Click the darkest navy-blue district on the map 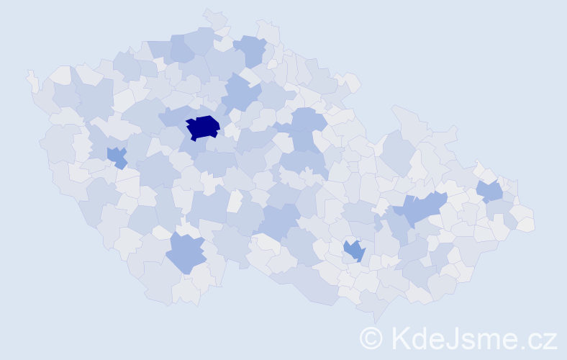point(202,127)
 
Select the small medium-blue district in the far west point(115,156)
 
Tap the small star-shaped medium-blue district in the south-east point(354,251)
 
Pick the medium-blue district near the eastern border point(490,191)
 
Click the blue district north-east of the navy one point(241,94)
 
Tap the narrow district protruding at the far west point(32,81)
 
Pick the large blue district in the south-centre point(278,220)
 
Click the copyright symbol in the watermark point(371,338)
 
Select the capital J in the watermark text point(460,337)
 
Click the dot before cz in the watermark point(525,346)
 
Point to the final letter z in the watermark point(550,340)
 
